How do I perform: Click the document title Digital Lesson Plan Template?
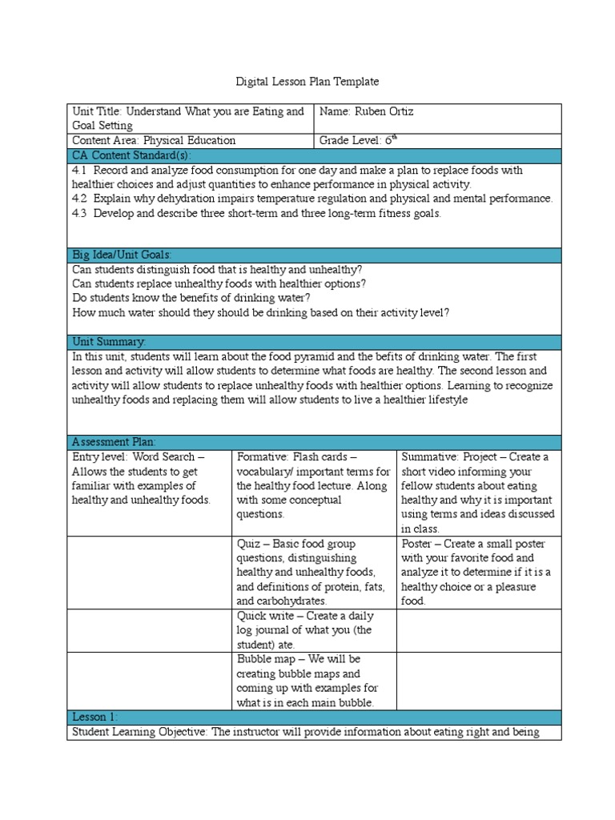coord(307,82)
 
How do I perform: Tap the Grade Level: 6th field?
coord(358,140)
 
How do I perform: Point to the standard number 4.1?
coord(78,171)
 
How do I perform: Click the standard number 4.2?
coord(78,199)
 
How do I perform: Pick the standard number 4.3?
coord(78,213)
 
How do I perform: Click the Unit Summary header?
coord(109,342)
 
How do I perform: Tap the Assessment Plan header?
coord(114,442)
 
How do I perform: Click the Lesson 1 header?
coord(95,717)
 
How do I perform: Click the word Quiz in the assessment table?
coord(247,544)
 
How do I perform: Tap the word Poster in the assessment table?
coord(418,544)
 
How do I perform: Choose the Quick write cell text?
coord(304,630)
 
